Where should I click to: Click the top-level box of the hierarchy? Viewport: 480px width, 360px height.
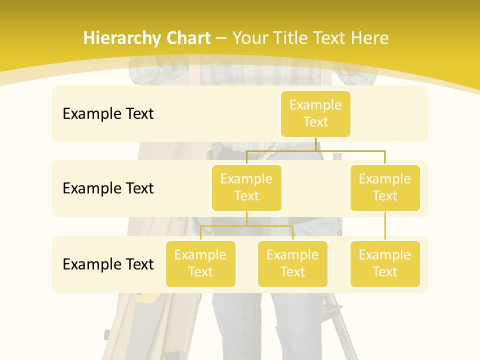pyautogui.click(x=315, y=113)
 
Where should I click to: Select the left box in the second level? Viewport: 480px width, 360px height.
pyautogui.click(x=246, y=187)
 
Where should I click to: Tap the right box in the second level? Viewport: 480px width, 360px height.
pyautogui.click(x=385, y=187)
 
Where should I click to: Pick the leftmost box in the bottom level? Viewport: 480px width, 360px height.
pyautogui.click(x=200, y=263)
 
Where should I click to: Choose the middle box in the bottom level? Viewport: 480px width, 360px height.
pyautogui.click(x=292, y=263)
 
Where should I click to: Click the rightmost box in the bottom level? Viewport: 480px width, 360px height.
pyautogui.click(x=385, y=263)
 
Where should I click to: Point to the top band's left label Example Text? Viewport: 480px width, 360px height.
pyautogui.click(x=108, y=113)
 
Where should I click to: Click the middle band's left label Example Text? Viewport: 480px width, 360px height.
pyautogui.click(x=108, y=188)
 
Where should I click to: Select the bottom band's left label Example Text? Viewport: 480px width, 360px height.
pyautogui.click(x=108, y=264)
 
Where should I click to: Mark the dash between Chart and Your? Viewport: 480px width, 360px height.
pyautogui.click(x=221, y=38)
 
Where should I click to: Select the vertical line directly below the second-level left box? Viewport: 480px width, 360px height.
pyautogui.click(x=246, y=218)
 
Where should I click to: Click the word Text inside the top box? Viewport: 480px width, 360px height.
pyautogui.click(x=315, y=122)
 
